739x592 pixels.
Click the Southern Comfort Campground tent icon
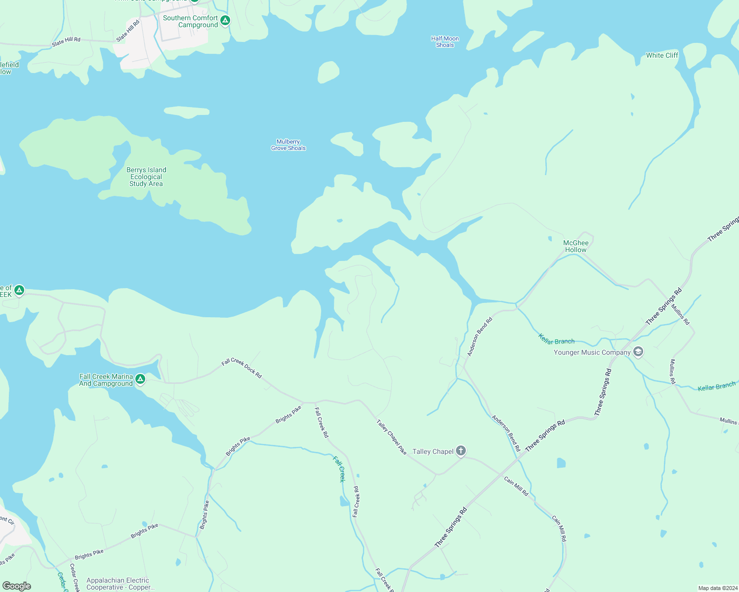tap(225, 21)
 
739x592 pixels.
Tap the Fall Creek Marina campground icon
tap(140, 379)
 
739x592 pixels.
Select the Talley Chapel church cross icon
tap(461, 450)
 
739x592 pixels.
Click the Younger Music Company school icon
tap(638, 352)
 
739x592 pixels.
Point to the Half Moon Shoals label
tap(445, 42)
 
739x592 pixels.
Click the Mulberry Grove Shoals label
tap(288, 145)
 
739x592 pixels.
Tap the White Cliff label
tap(662, 55)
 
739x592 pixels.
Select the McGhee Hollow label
tap(576, 246)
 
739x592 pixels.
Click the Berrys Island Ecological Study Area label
tap(146, 177)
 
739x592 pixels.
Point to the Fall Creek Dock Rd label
tap(242, 369)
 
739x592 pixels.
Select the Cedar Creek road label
tap(75, 578)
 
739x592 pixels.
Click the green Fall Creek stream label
tap(339, 469)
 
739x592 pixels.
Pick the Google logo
tap(17, 586)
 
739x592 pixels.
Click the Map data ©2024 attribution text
tap(717, 588)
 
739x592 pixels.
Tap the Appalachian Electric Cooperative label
tap(118, 584)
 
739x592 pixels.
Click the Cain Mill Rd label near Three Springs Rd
tap(516, 486)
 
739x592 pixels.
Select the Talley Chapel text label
tap(433, 451)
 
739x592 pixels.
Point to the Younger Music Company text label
tap(592, 352)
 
